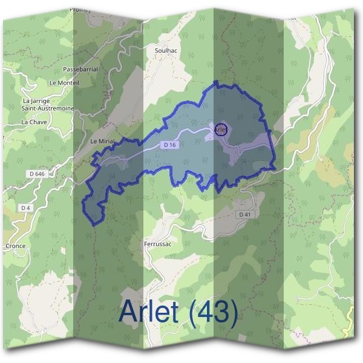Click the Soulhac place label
pos(166,50)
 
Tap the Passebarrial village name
pos(80,70)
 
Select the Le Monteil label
pos(64,82)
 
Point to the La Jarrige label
pos(36,100)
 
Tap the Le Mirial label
pos(102,141)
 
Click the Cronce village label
pos(15,246)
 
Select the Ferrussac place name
pos(159,244)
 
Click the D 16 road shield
pos(169,145)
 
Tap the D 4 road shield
pos(25,208)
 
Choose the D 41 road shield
pos(244,214)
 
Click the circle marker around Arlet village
pos(221,129)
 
